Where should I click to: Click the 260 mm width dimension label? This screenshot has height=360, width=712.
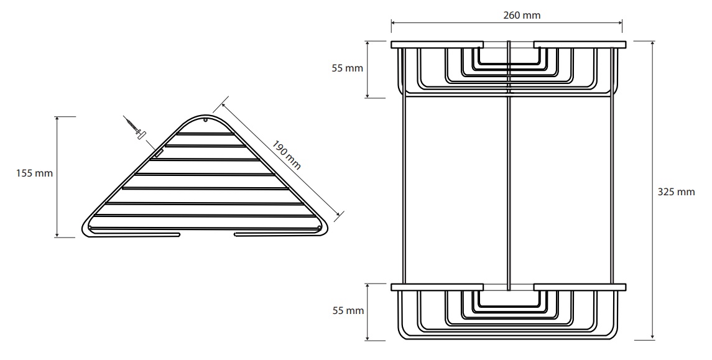click(x=522, y=15)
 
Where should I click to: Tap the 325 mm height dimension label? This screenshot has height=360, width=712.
click(x=676, y=192)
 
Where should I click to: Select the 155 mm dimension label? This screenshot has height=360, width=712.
click(x=34, y=173)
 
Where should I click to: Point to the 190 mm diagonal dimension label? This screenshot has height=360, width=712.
click(x=287, y=154)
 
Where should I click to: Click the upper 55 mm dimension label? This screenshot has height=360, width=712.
click(x=348, y=68)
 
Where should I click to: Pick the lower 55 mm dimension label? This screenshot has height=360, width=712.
click(x=348, y=310)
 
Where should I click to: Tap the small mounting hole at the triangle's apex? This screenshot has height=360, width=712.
click(x=205, y=121)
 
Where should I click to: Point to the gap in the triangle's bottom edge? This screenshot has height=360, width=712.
click(x=207, y=234)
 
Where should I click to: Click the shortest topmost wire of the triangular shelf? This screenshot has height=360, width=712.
click(x=205, y=134)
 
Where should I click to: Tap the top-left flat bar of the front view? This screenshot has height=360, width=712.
click(x=437, y=45)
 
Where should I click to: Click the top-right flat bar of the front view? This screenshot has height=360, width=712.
click(x=580, y=45)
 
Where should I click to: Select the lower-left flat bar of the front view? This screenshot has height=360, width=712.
click(x=437, y=287)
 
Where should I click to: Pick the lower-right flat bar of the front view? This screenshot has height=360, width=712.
click(x=580, y=287)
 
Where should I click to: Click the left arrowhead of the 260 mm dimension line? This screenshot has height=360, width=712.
click(x=394, y=21)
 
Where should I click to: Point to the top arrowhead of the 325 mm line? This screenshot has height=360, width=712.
click(x=653, y=44)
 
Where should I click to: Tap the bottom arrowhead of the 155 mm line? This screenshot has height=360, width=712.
click(x=57, y=234)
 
